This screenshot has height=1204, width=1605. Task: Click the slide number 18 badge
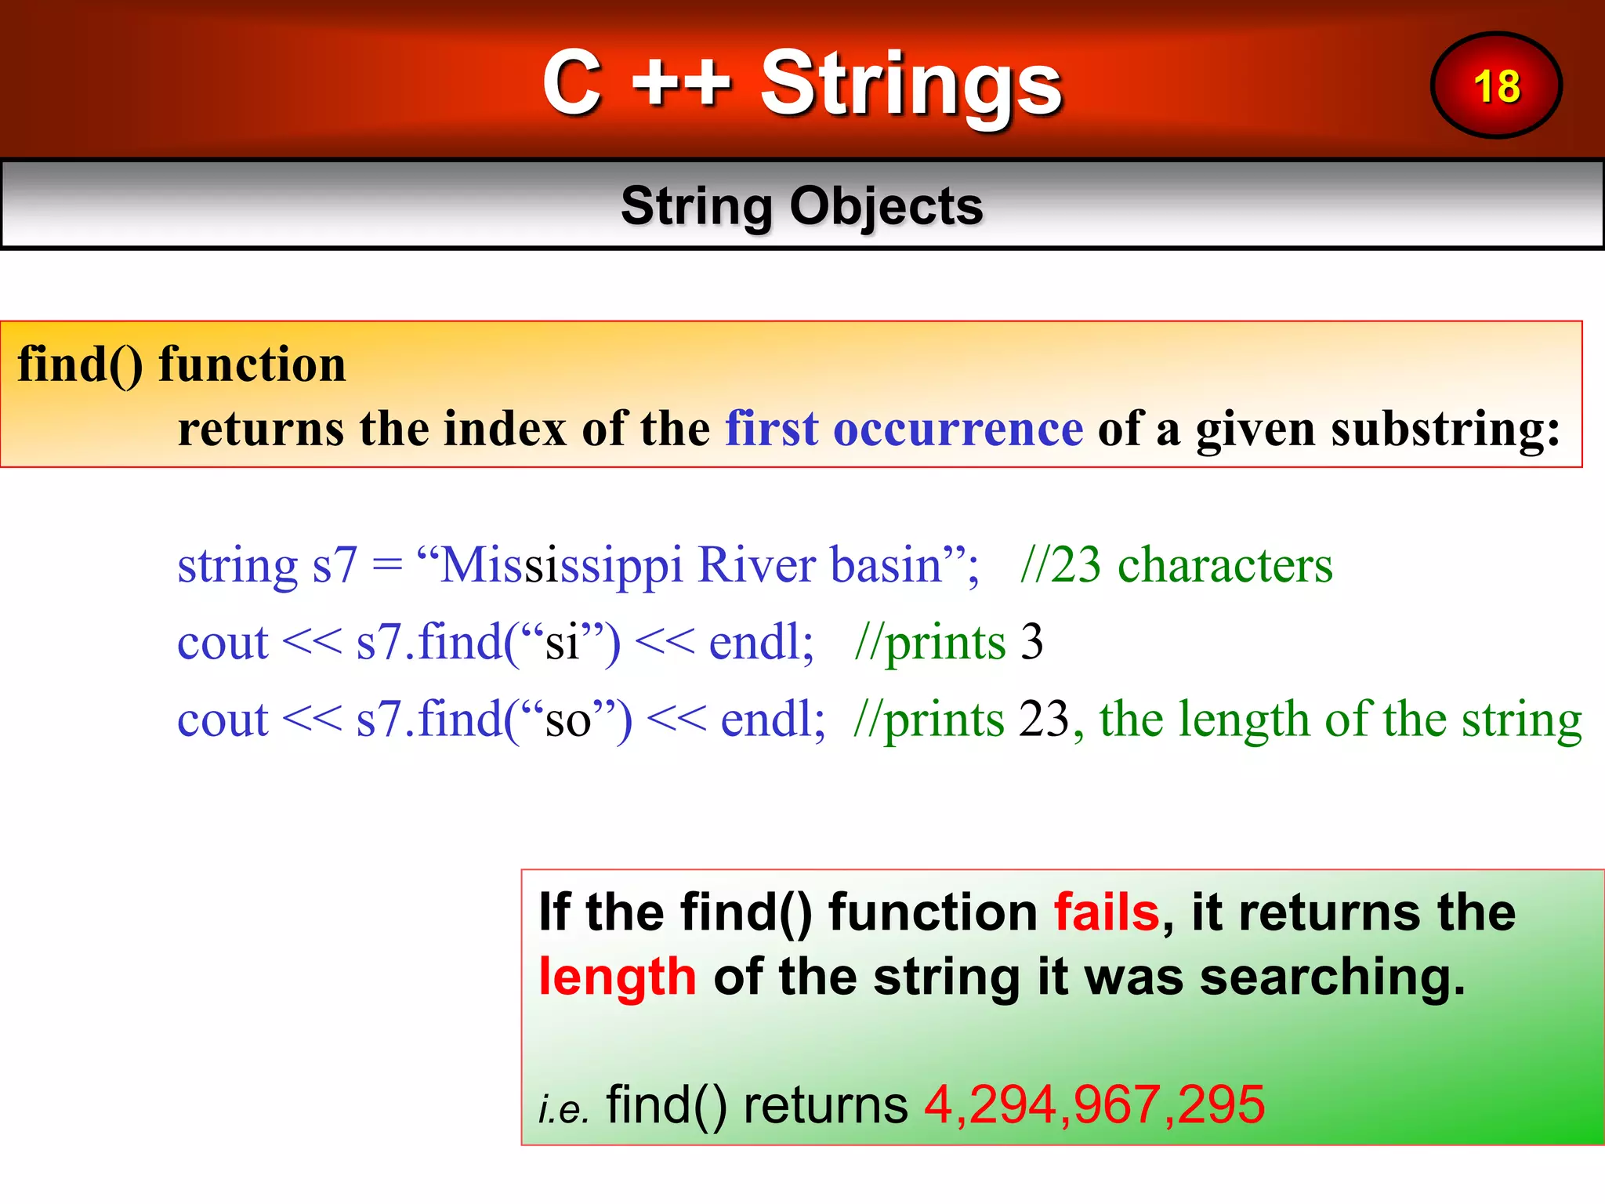coord(1496,85)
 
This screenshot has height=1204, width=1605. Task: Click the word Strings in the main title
coord(911,85)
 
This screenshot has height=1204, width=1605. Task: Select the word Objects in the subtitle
coord(886,206)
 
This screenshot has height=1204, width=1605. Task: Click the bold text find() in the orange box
coord(80,364)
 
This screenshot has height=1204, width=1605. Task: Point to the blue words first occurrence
coord(904,429)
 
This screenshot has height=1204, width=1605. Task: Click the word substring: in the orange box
coord(1378,430)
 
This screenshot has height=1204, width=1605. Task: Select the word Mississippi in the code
coord(561,565)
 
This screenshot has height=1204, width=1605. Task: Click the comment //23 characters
coord(1176,564)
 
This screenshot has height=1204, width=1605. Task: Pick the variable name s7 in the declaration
coord(335,565)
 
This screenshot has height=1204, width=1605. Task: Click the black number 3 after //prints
coord(1031,642)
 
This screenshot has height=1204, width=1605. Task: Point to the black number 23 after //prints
coord(1043,719)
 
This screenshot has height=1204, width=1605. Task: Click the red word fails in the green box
coord(1106,912)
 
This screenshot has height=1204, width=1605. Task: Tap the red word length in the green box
coord(617,978)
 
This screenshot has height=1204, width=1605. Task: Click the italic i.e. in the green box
coord(563,1108)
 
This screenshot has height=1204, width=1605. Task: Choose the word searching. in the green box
coord(1331,977)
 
